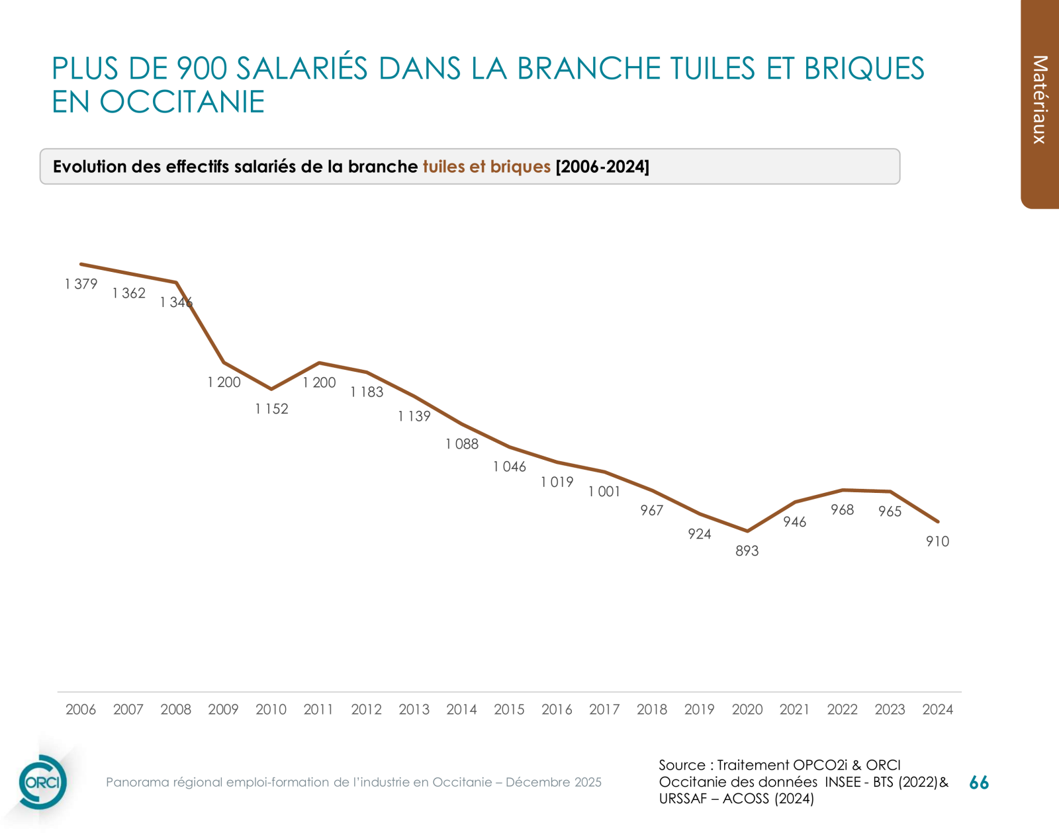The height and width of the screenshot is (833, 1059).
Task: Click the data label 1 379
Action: point(81,285)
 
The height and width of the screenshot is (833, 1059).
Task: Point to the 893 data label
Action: point(747,551)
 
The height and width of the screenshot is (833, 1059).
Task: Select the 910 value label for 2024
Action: point(937,542)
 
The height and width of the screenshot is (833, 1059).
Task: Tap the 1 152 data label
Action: point(271,409)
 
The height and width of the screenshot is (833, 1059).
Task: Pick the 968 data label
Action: point(842,510)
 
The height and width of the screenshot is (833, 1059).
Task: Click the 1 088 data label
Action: point(461,445)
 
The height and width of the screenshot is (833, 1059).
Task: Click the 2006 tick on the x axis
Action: point(81,709)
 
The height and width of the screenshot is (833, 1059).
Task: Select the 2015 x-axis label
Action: point(509,709)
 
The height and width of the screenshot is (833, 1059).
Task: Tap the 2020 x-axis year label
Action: point(747,709)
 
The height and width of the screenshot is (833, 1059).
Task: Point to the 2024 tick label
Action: point(937,709)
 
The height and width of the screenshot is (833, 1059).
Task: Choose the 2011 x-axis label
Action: point(318,709)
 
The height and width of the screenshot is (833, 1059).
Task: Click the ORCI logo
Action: point(42,782)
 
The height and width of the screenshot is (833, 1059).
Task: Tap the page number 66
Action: point(978,783)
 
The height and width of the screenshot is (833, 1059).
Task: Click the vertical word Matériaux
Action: point(1040,99)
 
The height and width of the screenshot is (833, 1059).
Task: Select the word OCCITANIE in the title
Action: point(182,102)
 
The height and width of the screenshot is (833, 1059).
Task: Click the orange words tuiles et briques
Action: point(486,167)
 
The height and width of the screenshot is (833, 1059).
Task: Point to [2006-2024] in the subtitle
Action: point(602,167)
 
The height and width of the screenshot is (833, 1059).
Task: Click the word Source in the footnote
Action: point(682,765)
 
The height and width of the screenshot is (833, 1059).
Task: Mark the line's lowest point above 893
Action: point(747,531)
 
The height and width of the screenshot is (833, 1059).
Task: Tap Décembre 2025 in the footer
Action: point(553,782)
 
